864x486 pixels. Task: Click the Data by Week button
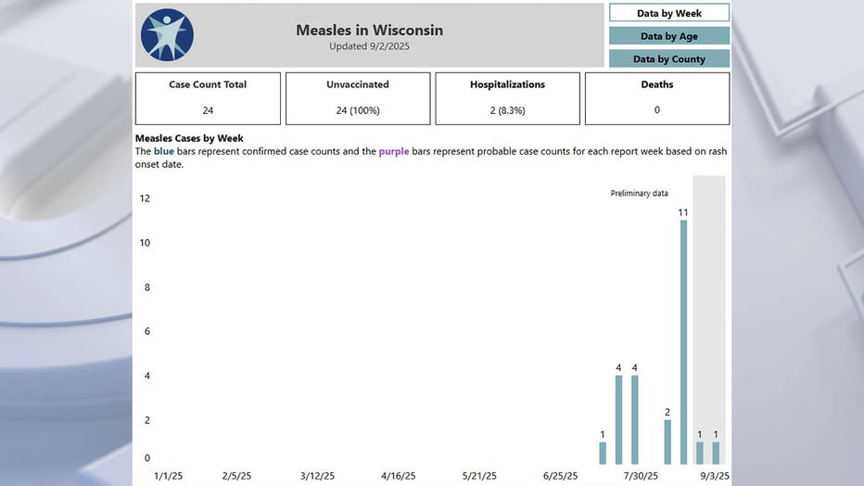pos(668,13)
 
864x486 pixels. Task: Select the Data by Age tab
pos(668,36)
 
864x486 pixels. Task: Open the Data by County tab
pos(668,58)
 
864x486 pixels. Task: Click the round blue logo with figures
pos(167,35)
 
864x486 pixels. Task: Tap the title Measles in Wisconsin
pos(369,30)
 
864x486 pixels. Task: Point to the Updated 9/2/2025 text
pos(369,46)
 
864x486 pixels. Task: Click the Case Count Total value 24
pos(208,110)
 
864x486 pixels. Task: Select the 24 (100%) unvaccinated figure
pos(358,110)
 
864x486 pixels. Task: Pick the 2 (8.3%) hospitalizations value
pos(507,110)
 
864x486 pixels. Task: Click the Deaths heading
pos(657,84)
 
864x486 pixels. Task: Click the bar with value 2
pos(667,441)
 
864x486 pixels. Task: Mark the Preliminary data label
pos(639,193)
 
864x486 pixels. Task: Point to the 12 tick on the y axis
pos(145,198)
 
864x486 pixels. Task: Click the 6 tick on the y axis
pos(146,331)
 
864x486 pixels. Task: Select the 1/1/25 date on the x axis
pos(168,476)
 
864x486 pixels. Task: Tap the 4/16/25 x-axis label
pos(398,476)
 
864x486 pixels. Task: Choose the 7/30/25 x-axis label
pos(641,476)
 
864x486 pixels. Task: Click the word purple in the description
pos(393,151)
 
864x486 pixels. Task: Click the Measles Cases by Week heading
pos(189,138)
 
